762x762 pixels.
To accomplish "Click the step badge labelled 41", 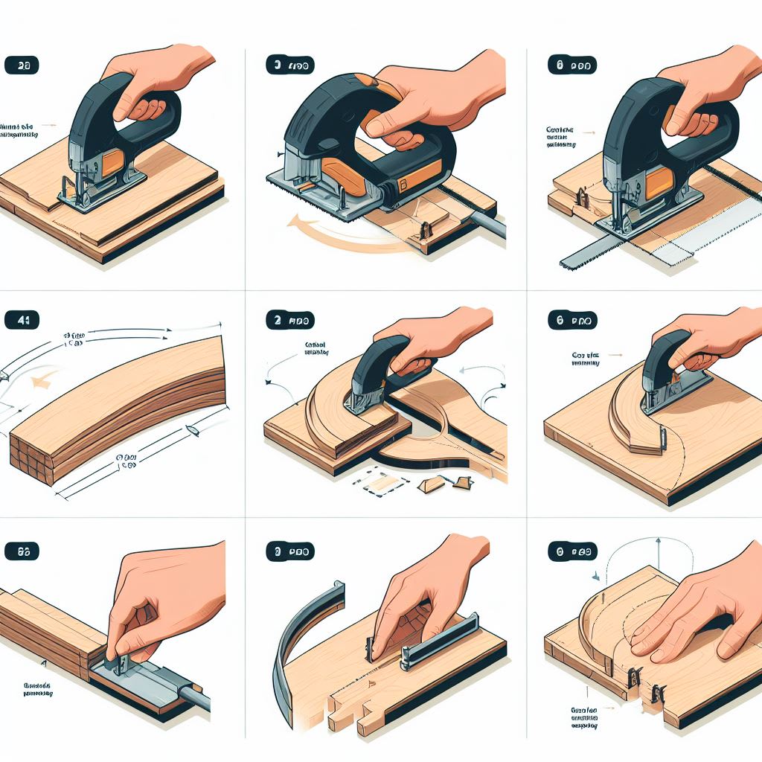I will pyautogui.click(x=22, y=321).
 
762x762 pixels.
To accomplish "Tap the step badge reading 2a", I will pyautogui.click(x=22, y=65).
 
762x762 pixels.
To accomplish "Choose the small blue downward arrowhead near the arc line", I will pyautogui.click(x=595, y=575).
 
